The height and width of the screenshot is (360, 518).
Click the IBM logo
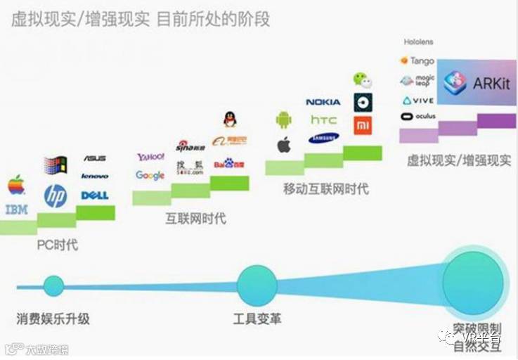16,209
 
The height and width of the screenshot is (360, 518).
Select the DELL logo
95,195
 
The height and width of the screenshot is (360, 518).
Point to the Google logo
150,175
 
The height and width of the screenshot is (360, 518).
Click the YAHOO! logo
150,156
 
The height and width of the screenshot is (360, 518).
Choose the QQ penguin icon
230,119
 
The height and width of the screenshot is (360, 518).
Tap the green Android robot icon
283,120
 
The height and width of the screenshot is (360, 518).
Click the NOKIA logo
323,102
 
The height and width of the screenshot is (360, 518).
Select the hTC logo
323,120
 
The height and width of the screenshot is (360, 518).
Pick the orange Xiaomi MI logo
363,126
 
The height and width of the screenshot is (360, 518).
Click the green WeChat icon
361,79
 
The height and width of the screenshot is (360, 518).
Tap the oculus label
418,116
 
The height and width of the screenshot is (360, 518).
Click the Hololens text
419,42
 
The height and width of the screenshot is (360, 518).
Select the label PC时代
57,245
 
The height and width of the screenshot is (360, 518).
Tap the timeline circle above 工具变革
257,285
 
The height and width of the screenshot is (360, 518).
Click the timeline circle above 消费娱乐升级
53,285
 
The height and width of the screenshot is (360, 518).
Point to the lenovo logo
95,176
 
